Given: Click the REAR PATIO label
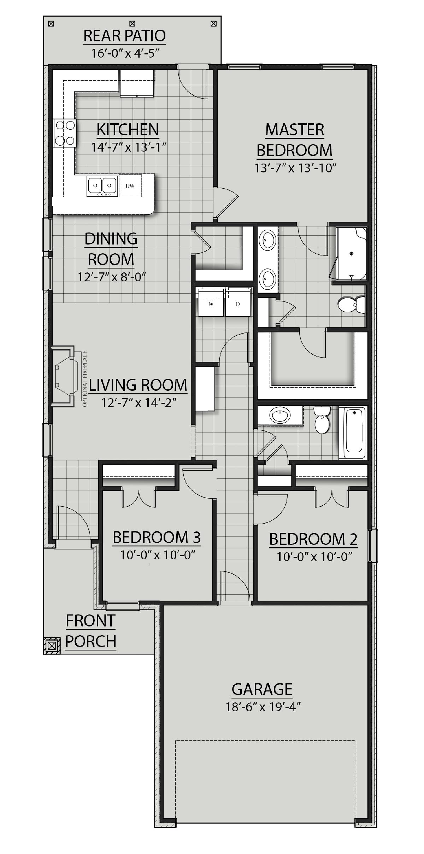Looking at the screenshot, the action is [125, 36].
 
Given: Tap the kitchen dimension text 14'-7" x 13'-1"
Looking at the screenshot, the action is [129, 147].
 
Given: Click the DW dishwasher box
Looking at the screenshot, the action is [130, 185].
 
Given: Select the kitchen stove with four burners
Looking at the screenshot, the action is [64, 133].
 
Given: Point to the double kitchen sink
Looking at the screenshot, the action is [102, 185].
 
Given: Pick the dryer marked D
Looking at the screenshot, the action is [238, 303].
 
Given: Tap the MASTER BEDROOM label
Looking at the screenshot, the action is [295, 140].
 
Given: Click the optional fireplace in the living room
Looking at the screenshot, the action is [64, 377].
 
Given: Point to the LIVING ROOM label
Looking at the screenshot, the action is [138, 385].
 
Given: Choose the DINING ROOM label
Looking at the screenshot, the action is [111, 249].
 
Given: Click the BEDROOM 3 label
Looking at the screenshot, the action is [157, 537].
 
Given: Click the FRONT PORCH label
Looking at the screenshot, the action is [91, 631].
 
